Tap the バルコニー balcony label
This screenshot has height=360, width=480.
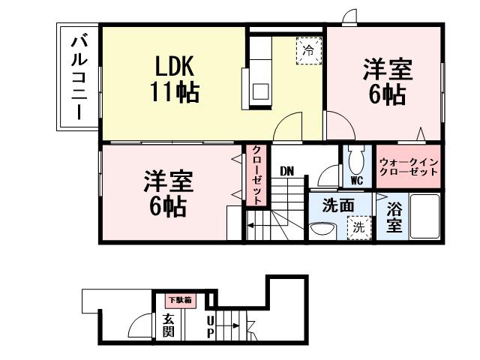(x=78, y=76)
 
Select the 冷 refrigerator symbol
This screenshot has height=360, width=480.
(x=307, y=51)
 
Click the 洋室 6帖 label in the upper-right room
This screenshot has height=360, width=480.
(x=387, y=82)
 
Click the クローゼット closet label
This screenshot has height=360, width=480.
(x=256, y=174)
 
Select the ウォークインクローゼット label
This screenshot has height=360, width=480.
(x=408, y=166)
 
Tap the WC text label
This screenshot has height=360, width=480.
(x=356, y=181)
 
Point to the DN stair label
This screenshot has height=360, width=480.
(x=286, y=171)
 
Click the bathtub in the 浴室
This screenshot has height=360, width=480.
(x=424, y=217)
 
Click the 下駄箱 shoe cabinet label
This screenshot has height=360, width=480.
(x=179, y=300)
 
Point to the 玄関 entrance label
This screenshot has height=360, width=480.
(x=169, y=325)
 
